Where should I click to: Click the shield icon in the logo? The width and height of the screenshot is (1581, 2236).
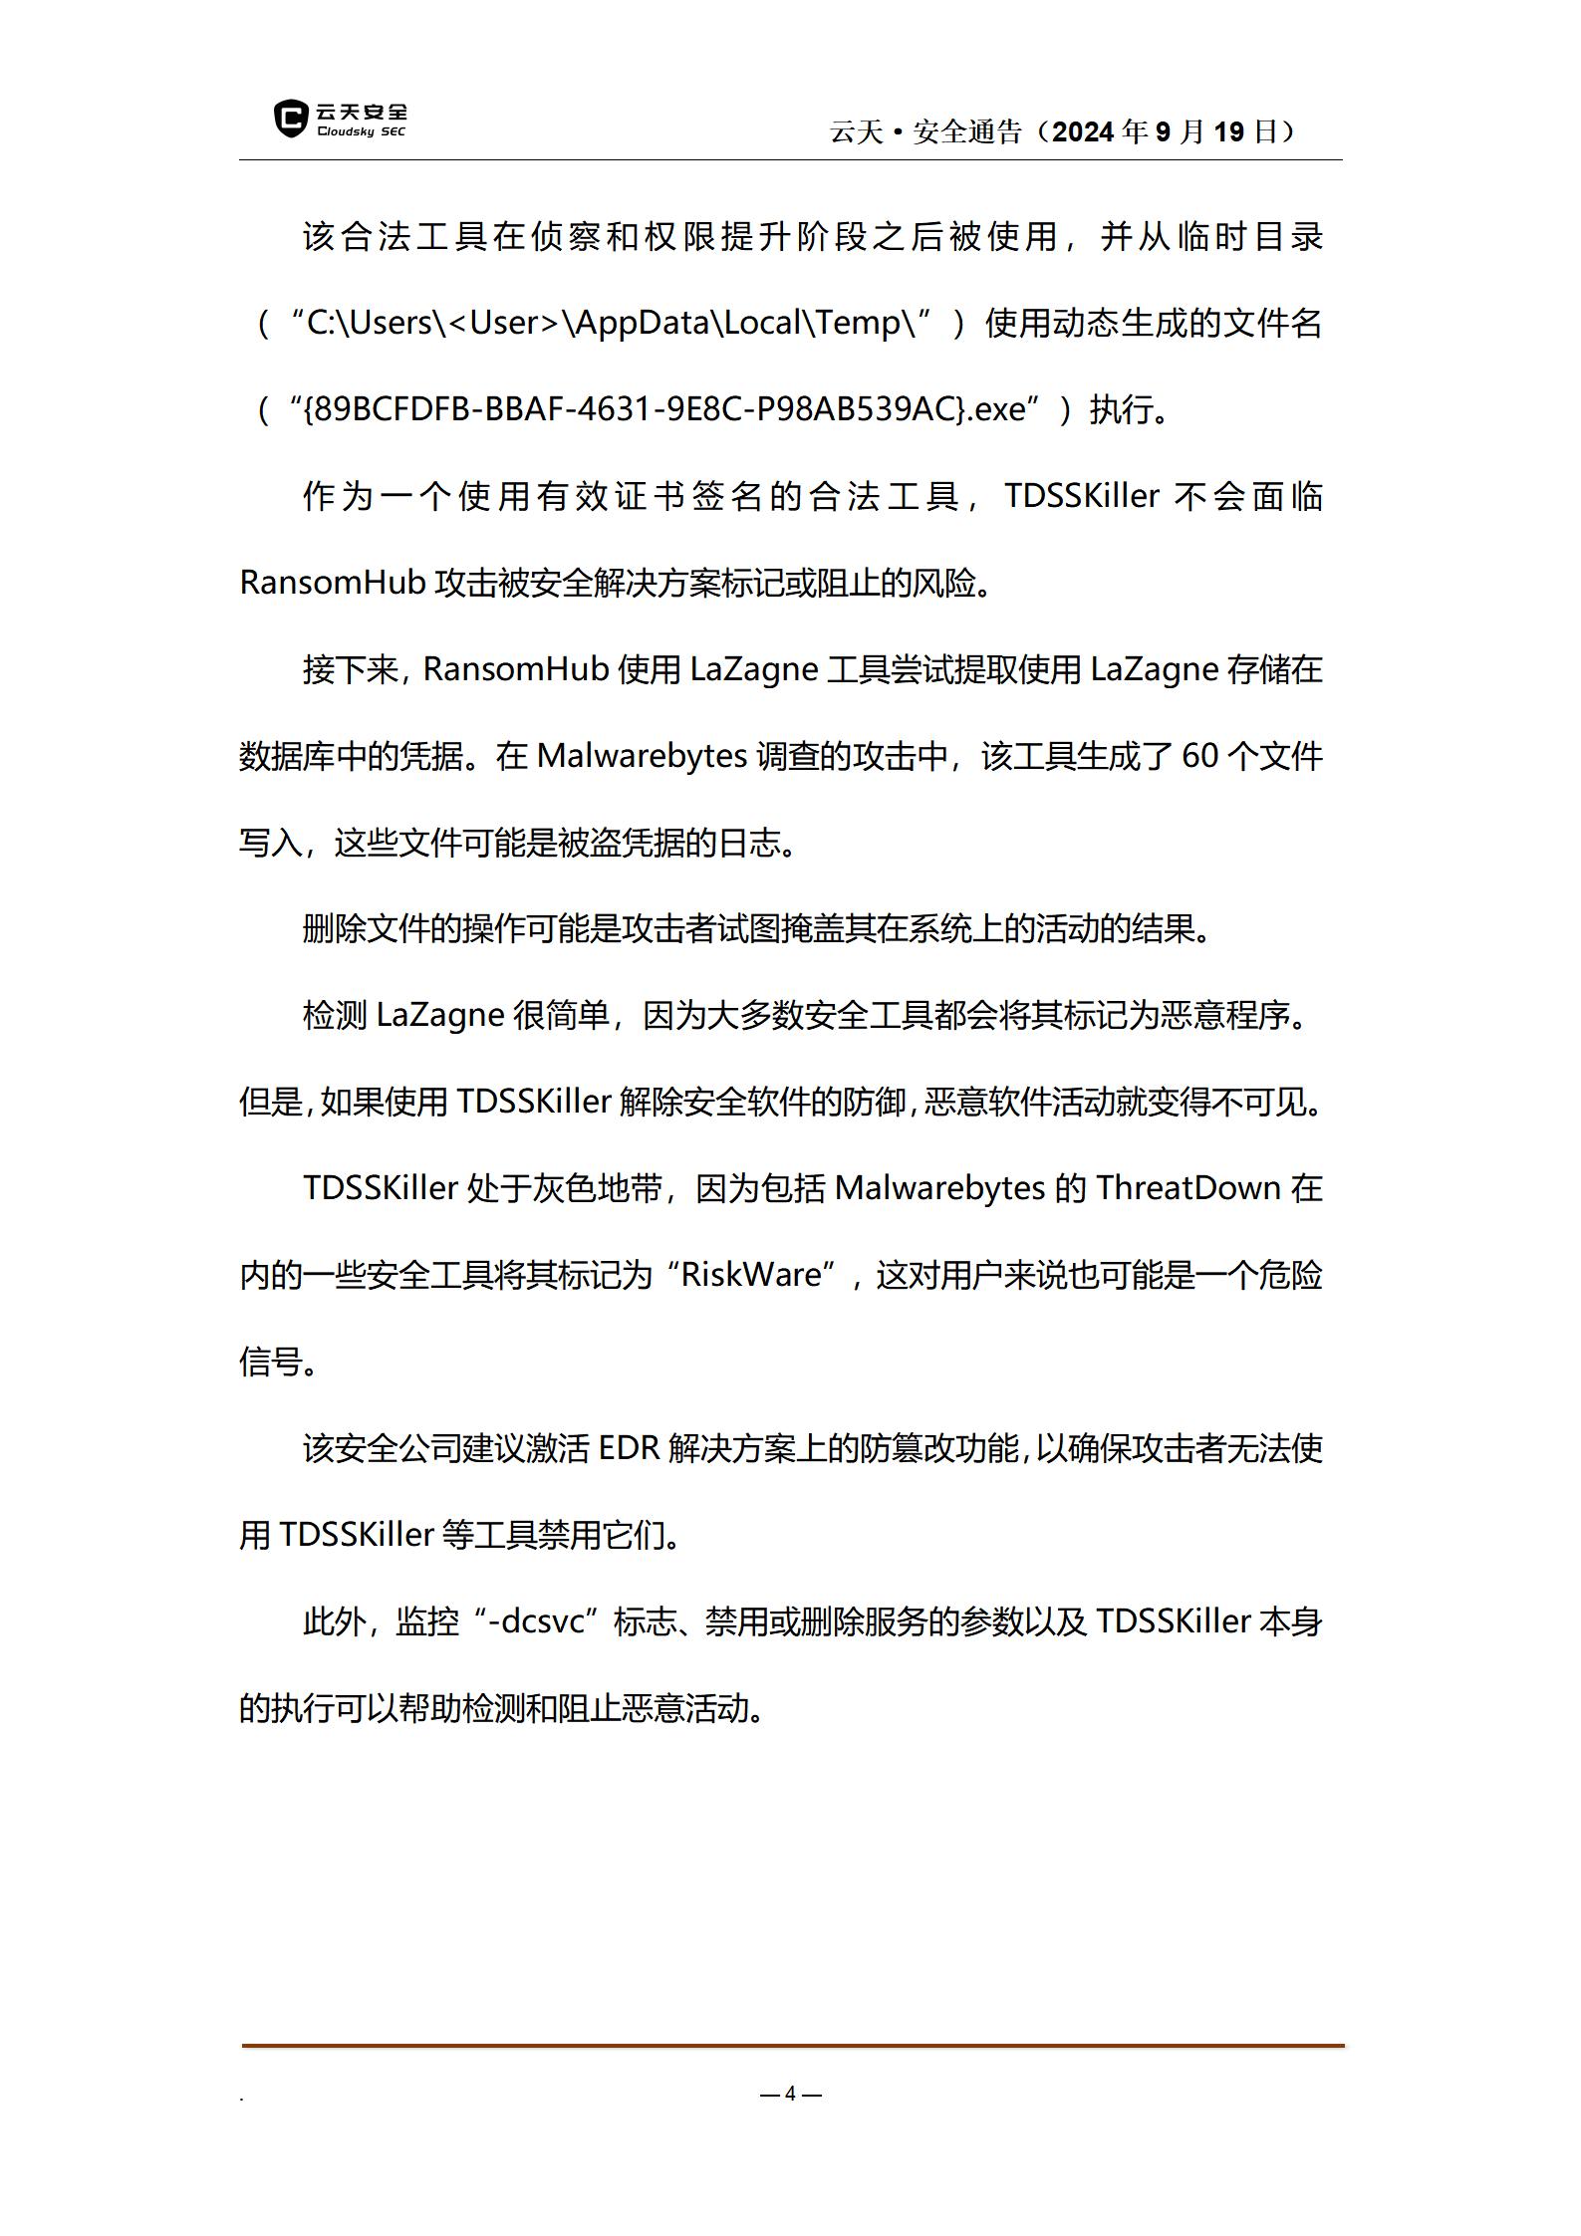290,119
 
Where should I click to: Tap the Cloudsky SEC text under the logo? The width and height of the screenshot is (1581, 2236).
361,132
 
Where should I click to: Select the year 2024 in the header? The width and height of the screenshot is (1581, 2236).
1082,131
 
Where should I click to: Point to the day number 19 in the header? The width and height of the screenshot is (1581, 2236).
1229,131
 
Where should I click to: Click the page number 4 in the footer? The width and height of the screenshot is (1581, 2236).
790,2093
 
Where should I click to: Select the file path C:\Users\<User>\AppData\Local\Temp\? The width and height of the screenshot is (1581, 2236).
611,323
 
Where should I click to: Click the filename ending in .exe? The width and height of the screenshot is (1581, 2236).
663,409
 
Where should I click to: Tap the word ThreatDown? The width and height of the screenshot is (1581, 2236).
1187,1188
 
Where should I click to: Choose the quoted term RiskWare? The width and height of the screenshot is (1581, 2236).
752,1275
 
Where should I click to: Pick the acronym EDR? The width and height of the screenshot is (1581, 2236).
629,1448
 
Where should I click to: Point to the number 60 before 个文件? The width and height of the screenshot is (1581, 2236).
1199,756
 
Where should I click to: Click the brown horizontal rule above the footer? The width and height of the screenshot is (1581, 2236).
792,2046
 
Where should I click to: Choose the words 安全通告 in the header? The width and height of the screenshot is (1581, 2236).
967,131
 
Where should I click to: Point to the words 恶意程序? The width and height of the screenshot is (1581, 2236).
1224,1015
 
